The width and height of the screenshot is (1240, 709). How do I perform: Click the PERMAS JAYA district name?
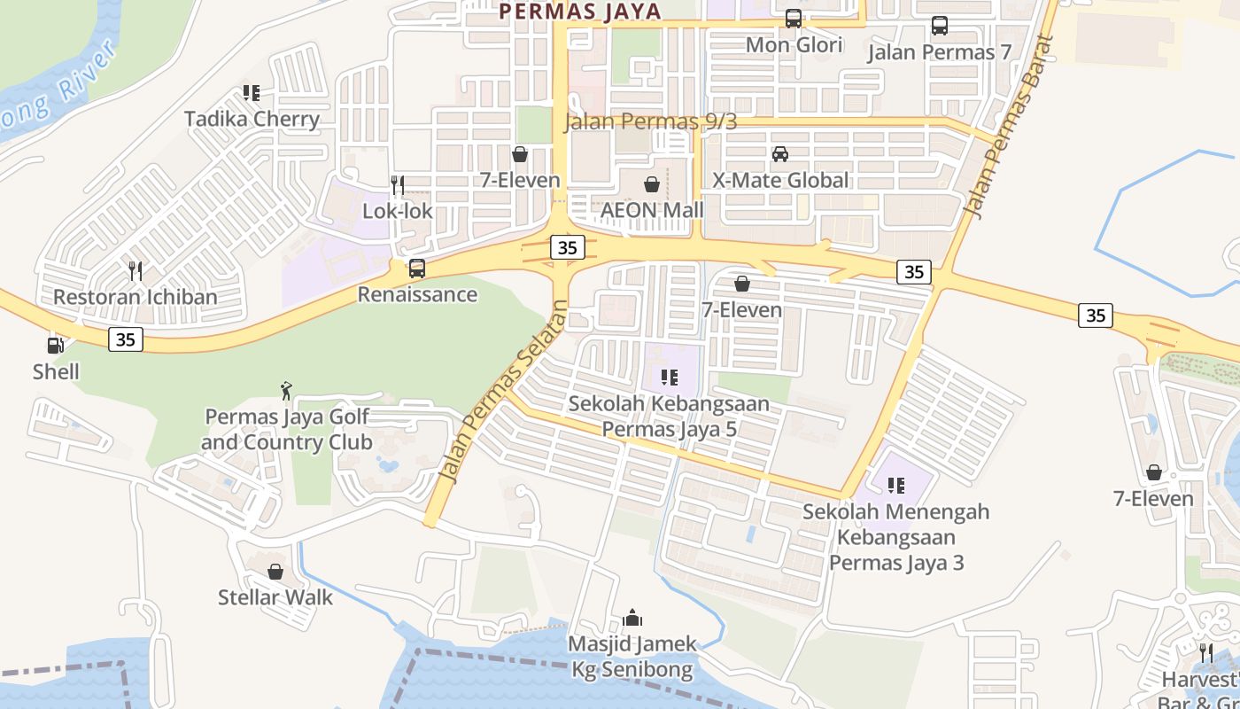(580, 12)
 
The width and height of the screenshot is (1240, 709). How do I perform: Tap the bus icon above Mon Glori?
(794, 19)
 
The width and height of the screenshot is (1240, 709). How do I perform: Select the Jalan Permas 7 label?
(939, 52)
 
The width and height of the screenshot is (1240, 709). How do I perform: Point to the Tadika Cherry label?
(252, 119)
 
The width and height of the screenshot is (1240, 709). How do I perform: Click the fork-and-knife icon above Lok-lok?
(398, 185)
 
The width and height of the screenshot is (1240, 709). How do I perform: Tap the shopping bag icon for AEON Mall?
(652, 184)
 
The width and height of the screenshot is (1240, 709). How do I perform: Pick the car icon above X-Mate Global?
(780, 154)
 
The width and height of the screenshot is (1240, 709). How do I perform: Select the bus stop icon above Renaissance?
(416, 268)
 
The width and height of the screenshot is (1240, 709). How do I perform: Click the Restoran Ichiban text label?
(136, 297)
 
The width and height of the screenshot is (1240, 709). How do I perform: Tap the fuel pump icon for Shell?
(56, 346)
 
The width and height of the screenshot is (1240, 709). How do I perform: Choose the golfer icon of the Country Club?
(286, 391)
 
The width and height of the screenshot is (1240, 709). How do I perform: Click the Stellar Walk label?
(275, 597)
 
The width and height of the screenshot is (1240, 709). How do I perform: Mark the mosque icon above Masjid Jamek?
(632, 618)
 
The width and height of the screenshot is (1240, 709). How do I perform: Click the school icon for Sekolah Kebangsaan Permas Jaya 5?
(670, 378)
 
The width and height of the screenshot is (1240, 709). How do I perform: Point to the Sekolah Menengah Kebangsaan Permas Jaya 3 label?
(896, 537)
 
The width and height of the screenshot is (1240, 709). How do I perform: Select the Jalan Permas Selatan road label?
(502, 392)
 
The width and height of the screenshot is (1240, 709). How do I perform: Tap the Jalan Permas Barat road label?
(1009, 127)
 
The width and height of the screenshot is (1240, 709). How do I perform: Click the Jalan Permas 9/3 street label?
(650, 122)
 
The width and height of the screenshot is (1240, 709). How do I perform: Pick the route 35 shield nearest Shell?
(126, 339)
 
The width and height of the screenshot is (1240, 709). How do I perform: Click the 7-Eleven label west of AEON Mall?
(520, 180)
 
